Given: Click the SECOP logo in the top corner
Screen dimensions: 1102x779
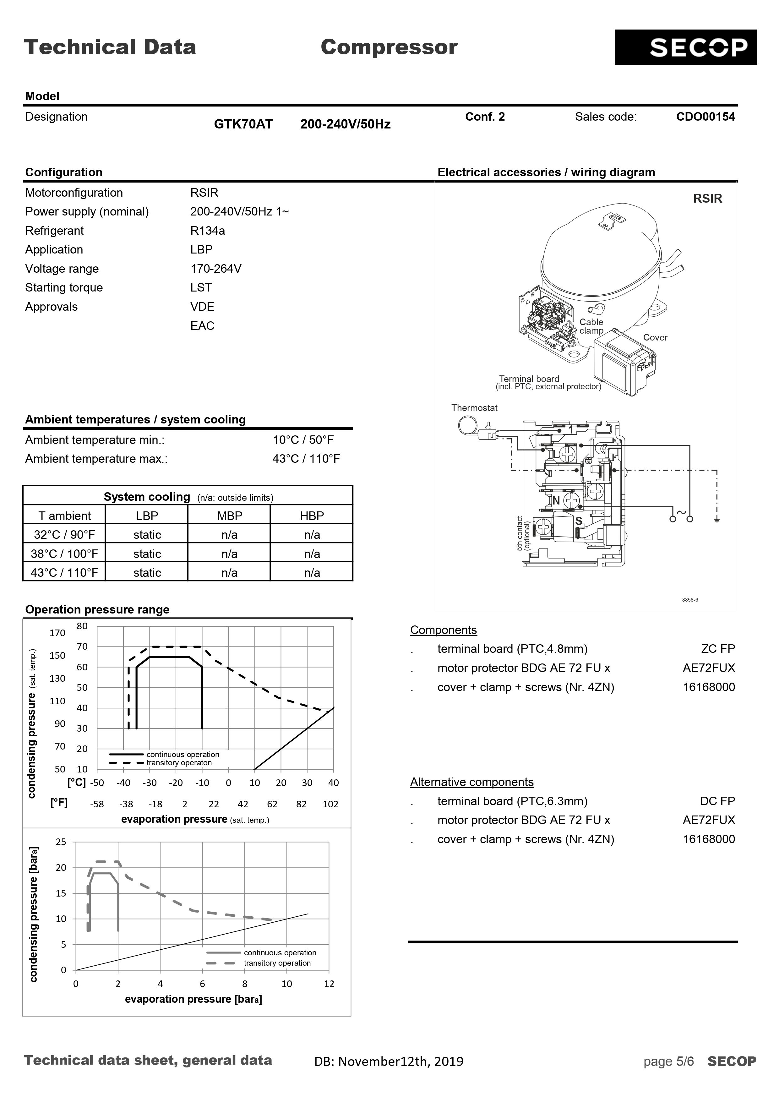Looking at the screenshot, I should click(x=685, y=47).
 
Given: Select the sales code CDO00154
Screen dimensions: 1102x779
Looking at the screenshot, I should click(x=705, y=117).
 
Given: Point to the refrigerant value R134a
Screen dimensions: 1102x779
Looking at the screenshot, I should click(x=207, y=231).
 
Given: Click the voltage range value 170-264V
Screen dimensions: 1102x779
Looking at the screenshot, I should click(x=215, y=269).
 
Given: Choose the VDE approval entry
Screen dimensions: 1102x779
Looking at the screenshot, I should click(x=202, y=307).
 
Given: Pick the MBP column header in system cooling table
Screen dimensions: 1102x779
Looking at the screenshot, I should click(x=229, y=516).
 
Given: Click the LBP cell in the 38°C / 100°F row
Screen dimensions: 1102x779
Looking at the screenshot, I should click(x=147, y=554).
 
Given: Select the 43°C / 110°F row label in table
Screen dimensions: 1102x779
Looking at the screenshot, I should click(x=64, y=573).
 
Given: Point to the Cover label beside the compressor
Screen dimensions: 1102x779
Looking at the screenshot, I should click(x=655, y=337).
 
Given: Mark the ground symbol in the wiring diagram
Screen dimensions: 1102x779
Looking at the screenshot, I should click(x=716, y=520).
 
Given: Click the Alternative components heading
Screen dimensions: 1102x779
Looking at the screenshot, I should click(x=471, y=782).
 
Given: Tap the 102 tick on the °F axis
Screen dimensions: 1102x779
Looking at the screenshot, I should click(x=330, y=804).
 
